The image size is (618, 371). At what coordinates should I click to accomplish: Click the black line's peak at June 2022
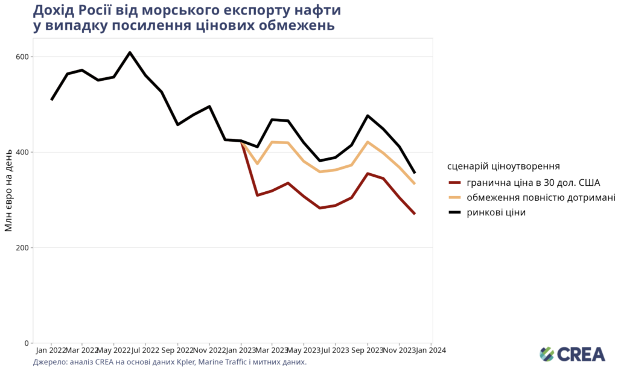point(130,52)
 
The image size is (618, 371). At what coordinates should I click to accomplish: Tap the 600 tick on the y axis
point(22,57)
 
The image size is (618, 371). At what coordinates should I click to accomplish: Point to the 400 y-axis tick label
point(22,152)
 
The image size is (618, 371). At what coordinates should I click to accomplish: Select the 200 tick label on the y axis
point(22,248)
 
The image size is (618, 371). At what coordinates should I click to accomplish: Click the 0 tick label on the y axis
point(26,343)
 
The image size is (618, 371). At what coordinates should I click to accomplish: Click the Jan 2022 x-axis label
point(51,350)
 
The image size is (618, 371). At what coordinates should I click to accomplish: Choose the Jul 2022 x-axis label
point(145,350)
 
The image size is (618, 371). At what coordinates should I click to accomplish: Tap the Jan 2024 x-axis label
point(431,350)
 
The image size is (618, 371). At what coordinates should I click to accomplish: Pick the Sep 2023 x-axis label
point(367,350)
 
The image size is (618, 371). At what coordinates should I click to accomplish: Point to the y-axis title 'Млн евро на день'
point(9,191)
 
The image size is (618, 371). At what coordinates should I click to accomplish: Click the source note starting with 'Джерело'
point(170,363)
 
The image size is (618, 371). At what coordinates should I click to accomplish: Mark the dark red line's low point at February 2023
point(257,195)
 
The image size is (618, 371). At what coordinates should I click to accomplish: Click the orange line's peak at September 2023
point(368,142)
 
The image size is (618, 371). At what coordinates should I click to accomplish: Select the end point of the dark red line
point(415,214)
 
